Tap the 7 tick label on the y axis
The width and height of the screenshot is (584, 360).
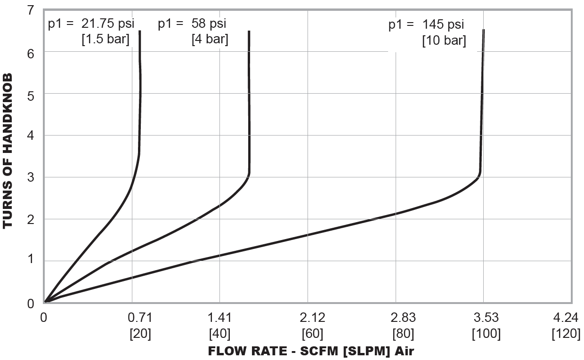tap(31, 10)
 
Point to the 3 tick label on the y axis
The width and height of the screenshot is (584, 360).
tap(31, 177)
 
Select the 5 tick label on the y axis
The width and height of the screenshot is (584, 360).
tap(31, 94)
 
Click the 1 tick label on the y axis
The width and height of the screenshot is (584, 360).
tap(31, 261)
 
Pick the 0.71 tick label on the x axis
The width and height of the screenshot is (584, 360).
tap(140, 318)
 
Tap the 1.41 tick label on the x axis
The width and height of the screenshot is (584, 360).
tap(219, 318)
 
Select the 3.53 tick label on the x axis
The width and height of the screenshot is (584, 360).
tap(486, 318)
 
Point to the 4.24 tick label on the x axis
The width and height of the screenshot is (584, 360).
tap(565, 318)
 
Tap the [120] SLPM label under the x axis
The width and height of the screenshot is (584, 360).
tap(566, 334)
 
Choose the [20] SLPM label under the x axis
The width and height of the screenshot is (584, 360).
tap(140, 334)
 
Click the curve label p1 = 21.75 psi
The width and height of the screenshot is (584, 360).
tap(89, 24)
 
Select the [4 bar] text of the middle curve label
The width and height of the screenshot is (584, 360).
tap(210, 39)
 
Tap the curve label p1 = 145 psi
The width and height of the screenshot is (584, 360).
tap(426, 24)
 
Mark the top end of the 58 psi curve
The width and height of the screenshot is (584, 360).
tap(249, 32)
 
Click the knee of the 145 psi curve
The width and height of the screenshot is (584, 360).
tap(479, 176)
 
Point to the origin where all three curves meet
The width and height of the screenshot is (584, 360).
tap(46, 302)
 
